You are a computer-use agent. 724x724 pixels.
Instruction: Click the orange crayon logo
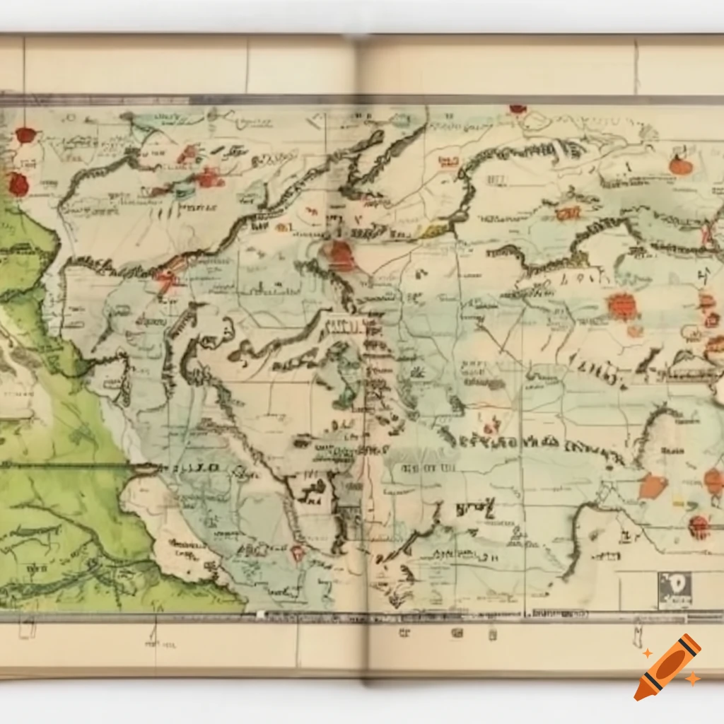click(x=668, y=667)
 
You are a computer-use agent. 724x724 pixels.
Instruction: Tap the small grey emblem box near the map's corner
click(x=675, y=589)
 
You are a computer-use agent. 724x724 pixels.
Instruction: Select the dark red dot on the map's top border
click(x=518, y=109)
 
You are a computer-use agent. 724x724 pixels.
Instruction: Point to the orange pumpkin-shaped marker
click(x=679, y=165)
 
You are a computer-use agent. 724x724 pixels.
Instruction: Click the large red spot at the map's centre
click(x=341, y=256)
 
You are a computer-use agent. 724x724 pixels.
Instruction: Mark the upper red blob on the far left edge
click(x=26, y=135)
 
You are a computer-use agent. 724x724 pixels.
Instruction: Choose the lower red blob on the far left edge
click(x=18, y=184)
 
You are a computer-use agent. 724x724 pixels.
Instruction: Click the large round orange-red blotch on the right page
click(x=621, y=306)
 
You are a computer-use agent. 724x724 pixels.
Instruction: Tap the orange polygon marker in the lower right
click(x=653, y=486)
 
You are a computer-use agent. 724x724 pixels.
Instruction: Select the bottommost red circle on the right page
click(x=699, y=526)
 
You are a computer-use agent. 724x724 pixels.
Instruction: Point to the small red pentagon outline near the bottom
click(x=297, y=552)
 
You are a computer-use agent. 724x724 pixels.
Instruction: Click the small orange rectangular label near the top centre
click(x=448, y=161)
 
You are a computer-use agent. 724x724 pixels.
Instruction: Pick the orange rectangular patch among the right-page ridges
click(x=567, y=212)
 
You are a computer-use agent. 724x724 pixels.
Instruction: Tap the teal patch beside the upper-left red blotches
click(x=185, y=189)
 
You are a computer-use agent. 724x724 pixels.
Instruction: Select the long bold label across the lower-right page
click(x=530, y=444)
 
